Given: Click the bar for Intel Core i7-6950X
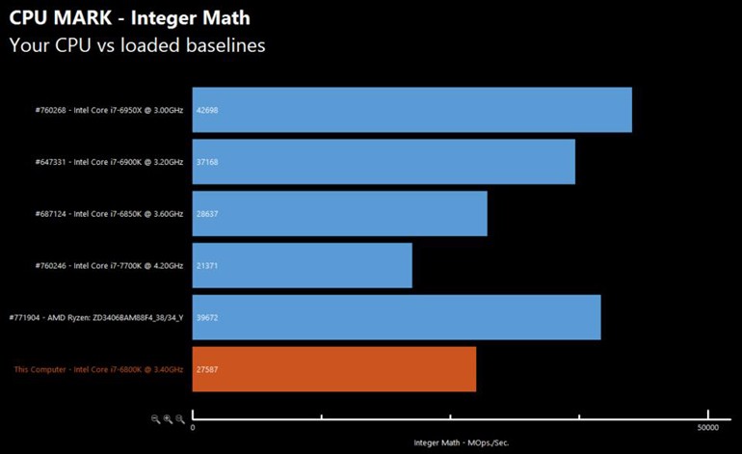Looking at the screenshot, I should point(411,110).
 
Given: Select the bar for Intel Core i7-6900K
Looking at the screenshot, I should point(384,162).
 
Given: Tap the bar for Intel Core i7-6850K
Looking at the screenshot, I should point(339,214).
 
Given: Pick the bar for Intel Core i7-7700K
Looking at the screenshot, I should point(302,265).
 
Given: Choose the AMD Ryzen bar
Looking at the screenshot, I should point(396,317).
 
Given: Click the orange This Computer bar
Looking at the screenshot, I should point(333,369).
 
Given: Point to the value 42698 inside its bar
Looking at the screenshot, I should point(207,110).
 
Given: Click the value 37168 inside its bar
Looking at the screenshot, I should point(207,162).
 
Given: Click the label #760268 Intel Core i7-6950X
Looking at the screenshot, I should point(108,110).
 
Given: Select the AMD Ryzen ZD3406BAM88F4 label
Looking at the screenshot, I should point(95,317).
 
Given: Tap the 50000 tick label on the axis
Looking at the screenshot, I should point(707,427).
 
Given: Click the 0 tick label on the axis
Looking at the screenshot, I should point(193,427).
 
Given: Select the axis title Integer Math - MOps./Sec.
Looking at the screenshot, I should point(449,443).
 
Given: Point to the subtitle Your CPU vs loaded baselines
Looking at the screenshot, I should point(137,44).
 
